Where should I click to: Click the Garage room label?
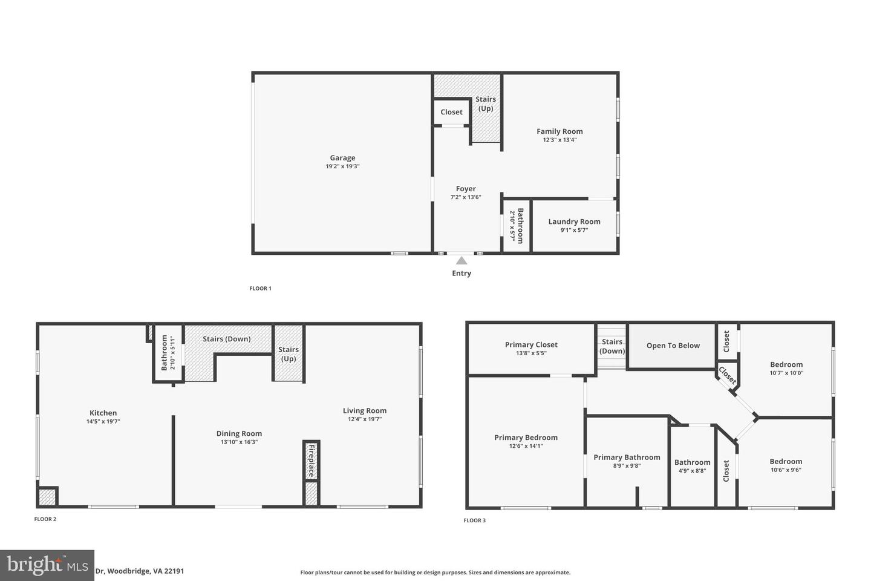tap(342, 157)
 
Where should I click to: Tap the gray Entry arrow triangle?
tap(462, 261)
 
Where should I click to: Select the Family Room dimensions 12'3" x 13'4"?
tap(559, 140)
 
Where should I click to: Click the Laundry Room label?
tap(575, 222)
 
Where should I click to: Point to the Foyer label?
tap(466, 189)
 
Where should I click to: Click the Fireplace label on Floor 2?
tap(312, 461)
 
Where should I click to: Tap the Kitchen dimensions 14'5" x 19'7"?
tap(103, 421)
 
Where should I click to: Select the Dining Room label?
tap(239, 433)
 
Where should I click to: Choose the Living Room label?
tap(365, 410)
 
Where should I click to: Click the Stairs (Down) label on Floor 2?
tap(227, 339)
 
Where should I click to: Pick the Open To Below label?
tap(673, 346)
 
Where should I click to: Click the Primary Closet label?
tap(531, 345)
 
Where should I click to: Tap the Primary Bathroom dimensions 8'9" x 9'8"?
tap(627, 466)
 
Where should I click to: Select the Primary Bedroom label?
tap(526, 438)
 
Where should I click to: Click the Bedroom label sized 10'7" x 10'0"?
tap(786, 364)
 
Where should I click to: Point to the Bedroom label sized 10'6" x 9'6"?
tap(786, 462)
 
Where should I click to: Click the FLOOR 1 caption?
tap(261, 288)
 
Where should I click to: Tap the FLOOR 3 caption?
tap(475, 520)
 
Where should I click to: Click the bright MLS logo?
tap(47, 565)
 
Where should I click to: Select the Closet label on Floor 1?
tap(451, 112)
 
